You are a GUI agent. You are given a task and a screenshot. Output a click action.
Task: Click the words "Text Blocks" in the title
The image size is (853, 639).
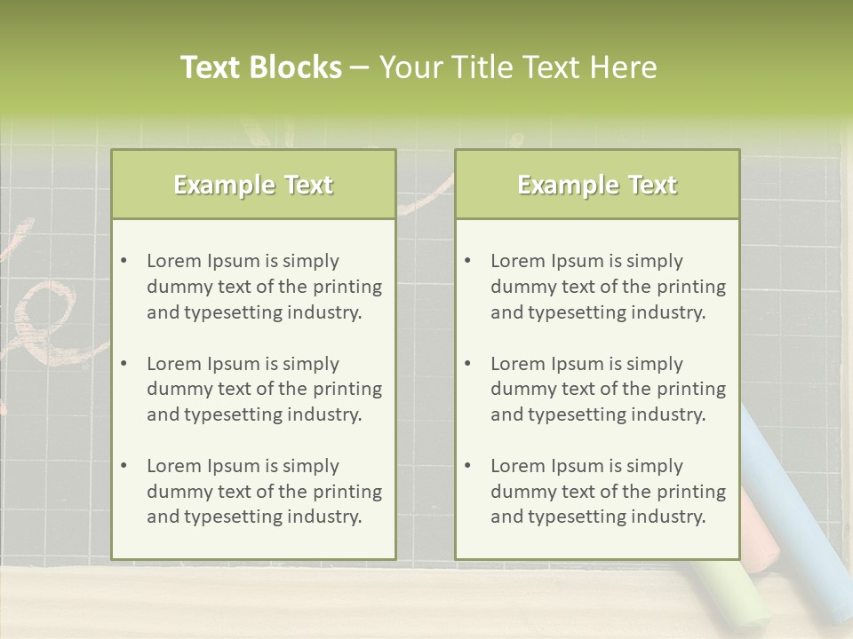260,67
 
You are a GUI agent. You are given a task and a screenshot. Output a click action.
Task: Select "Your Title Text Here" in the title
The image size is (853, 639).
518,67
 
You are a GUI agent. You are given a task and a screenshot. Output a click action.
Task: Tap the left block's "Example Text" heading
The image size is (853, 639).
253,185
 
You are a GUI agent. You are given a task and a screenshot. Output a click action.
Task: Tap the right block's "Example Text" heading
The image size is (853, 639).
597,185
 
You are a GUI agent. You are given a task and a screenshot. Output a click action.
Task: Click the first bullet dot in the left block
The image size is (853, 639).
124,261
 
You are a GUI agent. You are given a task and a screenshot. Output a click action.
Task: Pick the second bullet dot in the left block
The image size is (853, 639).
124,364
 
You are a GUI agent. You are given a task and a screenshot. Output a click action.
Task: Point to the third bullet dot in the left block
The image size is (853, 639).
124,466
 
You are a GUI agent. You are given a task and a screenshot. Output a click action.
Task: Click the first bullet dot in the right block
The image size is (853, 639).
467,261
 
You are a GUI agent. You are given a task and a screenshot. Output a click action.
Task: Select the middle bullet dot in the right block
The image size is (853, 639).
467,364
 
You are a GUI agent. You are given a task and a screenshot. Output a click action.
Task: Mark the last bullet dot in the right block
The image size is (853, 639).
467,466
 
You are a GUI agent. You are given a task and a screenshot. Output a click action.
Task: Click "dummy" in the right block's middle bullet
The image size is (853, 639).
521,389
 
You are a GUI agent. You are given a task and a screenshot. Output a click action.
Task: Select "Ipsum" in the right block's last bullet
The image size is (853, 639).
579,466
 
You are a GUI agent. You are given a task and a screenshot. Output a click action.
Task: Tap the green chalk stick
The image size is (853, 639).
737,590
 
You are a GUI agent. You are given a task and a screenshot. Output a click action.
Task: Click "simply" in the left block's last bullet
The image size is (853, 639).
311,466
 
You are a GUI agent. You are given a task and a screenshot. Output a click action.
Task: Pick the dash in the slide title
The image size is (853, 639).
360,67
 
